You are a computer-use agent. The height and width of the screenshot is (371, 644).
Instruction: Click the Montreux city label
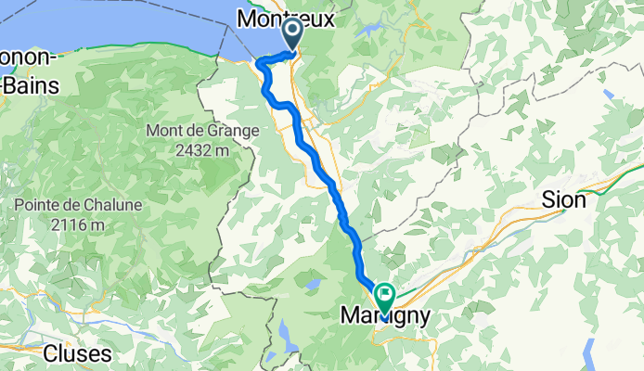[285, 18]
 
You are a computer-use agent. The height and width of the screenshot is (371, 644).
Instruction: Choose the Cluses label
[79, 353]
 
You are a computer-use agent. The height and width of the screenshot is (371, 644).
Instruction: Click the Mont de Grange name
[201, 131]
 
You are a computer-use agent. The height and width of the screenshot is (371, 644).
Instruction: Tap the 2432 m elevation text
[201, 150]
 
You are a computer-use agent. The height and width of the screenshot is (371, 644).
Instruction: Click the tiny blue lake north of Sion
[608, 94]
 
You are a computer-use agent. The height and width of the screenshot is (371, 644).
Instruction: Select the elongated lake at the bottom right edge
[588, 352]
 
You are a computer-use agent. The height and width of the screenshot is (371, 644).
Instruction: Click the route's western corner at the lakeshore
[261, 65]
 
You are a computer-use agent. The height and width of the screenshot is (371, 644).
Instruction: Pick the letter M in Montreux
[248, 18]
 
